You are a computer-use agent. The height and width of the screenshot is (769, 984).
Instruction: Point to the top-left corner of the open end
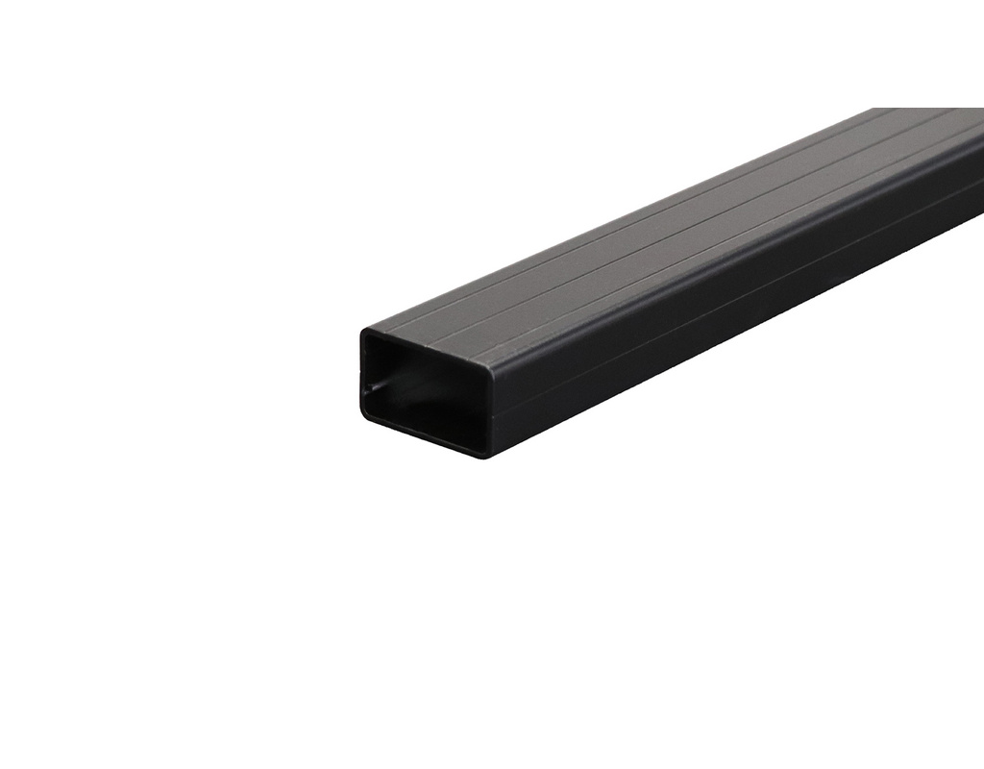point(366,333)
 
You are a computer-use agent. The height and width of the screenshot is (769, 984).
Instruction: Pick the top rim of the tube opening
point(428,349)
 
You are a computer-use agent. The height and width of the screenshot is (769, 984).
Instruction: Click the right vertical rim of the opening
point(491,411)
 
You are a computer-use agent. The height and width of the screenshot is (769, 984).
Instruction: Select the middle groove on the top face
point(673,241)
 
